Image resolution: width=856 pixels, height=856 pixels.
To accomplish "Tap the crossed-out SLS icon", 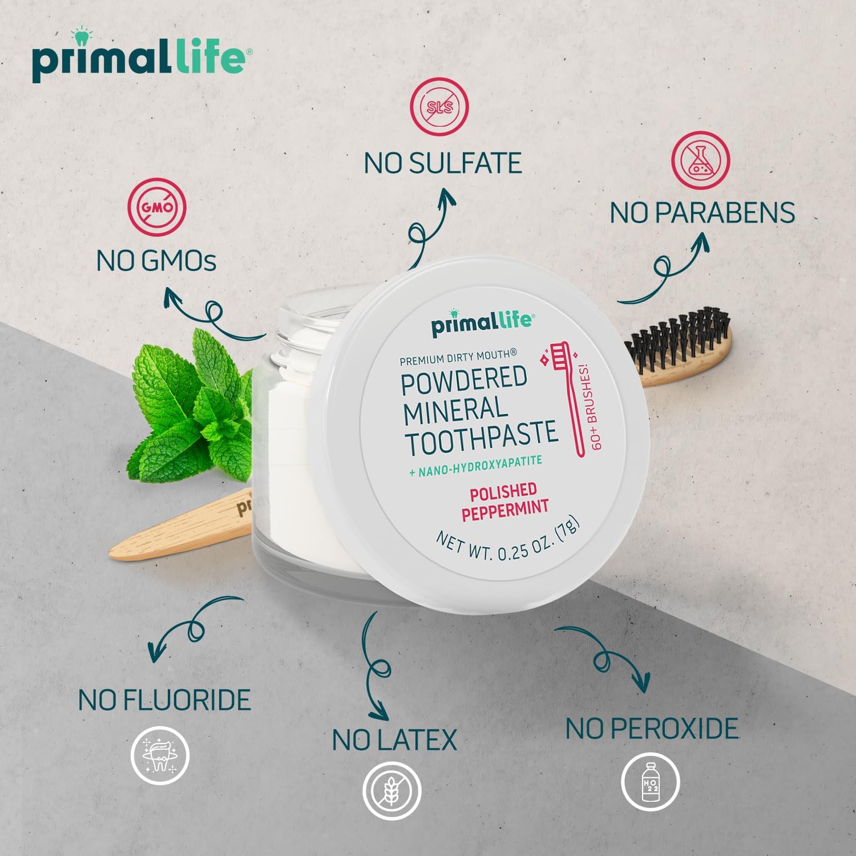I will click(439, 107).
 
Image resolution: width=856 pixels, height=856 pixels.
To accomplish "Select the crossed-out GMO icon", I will click(157, 208).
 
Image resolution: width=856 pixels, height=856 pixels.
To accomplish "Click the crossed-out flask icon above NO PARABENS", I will click(700, 160).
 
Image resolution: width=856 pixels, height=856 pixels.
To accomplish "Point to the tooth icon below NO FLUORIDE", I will click(160, 756).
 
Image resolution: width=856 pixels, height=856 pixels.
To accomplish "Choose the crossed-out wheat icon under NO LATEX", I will click(392, 790).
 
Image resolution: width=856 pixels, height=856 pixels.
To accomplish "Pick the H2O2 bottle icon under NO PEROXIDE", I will click(650, 782).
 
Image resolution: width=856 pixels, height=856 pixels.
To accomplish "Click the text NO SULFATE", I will click(443, 163).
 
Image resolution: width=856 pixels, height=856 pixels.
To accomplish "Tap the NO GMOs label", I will click(156, 261).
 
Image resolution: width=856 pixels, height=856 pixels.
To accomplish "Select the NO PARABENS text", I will click(702, 213).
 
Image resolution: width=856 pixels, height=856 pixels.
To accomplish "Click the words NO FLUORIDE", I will click(164, 700).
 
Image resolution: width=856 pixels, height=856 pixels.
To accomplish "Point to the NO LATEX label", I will click(394, 740).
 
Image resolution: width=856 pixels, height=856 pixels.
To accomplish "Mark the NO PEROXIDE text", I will click(652, 729).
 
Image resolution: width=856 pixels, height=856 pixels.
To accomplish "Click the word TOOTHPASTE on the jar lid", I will click(481, 438).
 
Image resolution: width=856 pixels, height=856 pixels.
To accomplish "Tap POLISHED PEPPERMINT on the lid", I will click(504, 501).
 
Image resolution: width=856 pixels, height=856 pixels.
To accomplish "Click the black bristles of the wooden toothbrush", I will click(679, 337).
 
